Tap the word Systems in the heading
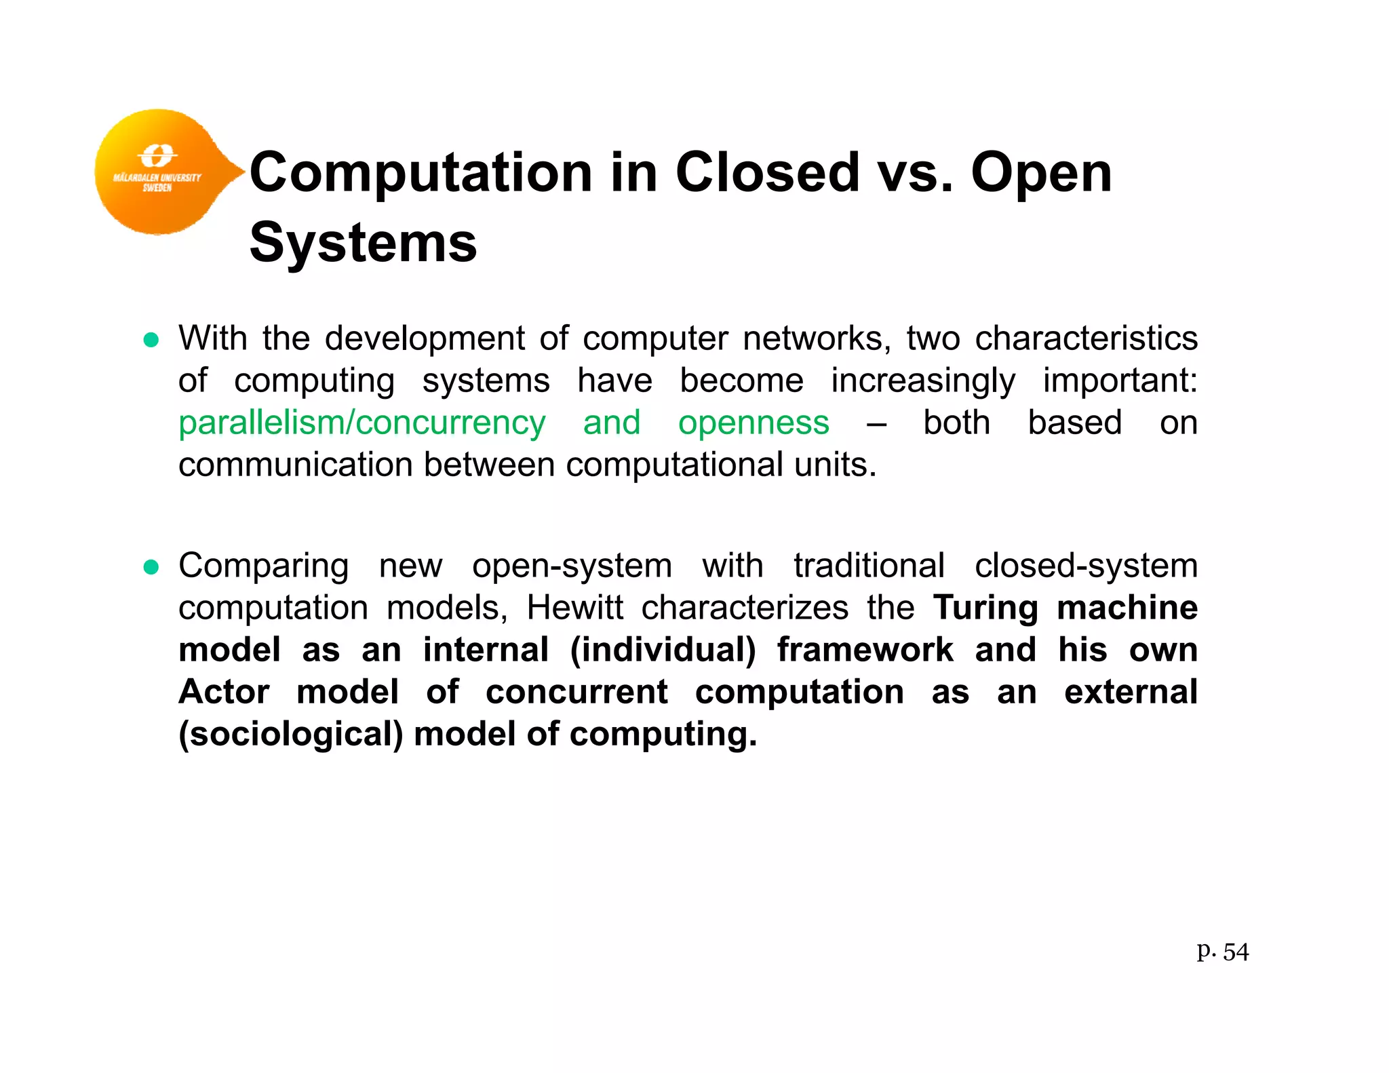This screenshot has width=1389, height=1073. pyautogui.click(x=364, y=243)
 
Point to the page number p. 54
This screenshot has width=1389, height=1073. pyautogui.click(x=1222, y=952)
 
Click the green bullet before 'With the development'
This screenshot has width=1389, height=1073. pyautogui.click(x=151, y=340)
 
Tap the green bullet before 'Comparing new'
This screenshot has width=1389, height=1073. pyautogui.click(x=151, y=567)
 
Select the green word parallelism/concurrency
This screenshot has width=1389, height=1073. pyautogui.click(x=361, y=423)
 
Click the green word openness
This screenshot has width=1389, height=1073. pyautogui.click(x=754, y=423)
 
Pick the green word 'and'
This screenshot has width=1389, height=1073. pyautogui.click(x=612, y=423)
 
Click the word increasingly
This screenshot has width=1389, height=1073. pyautogui.click(x=923, y=381)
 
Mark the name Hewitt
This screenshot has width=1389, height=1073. pyautogui.click(x=574, y=608)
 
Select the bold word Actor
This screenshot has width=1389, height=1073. pyautogui.click(x=224, y=692)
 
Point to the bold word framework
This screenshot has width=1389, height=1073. pyautogui.click(x=865, y=650)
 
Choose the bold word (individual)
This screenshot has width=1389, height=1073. pyautogui.click(x=663, y=650)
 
